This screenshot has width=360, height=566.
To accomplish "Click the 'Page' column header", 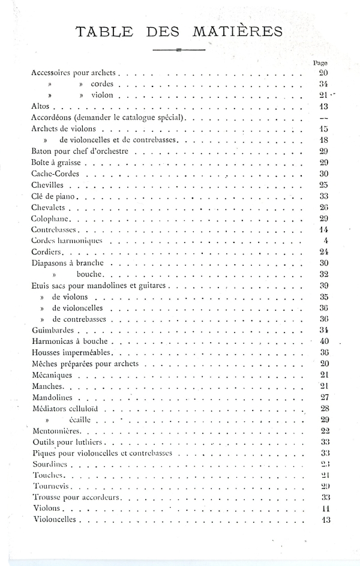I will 320,62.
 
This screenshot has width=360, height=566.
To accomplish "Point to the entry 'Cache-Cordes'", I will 53,173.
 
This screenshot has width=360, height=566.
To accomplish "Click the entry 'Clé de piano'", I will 54,196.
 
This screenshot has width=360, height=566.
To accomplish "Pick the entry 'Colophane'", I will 50,218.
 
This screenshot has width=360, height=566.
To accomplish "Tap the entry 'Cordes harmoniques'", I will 67,241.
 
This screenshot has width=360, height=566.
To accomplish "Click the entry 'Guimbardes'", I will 53,330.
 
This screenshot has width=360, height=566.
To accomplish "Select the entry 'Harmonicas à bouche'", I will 69,341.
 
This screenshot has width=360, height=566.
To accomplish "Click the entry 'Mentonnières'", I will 58,431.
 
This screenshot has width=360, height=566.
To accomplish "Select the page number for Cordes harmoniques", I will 326,241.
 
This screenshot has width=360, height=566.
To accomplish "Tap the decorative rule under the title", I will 179,50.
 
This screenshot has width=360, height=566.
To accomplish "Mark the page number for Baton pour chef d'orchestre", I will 323,151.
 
